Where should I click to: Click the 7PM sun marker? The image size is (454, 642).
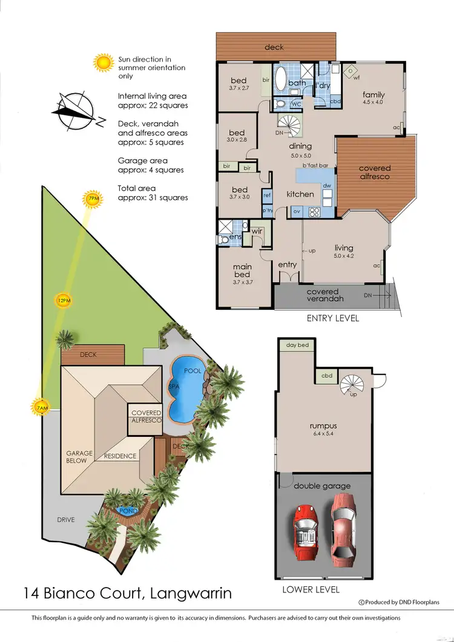coord(93,198)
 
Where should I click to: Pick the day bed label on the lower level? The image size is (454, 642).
coord(297,345)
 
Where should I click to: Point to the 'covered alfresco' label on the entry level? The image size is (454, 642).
coord(375,172)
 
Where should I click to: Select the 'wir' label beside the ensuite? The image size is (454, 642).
coord(257,232)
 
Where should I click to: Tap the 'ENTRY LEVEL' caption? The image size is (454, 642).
coord(332,318)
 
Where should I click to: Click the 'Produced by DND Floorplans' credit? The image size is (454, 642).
coord(400,601)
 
